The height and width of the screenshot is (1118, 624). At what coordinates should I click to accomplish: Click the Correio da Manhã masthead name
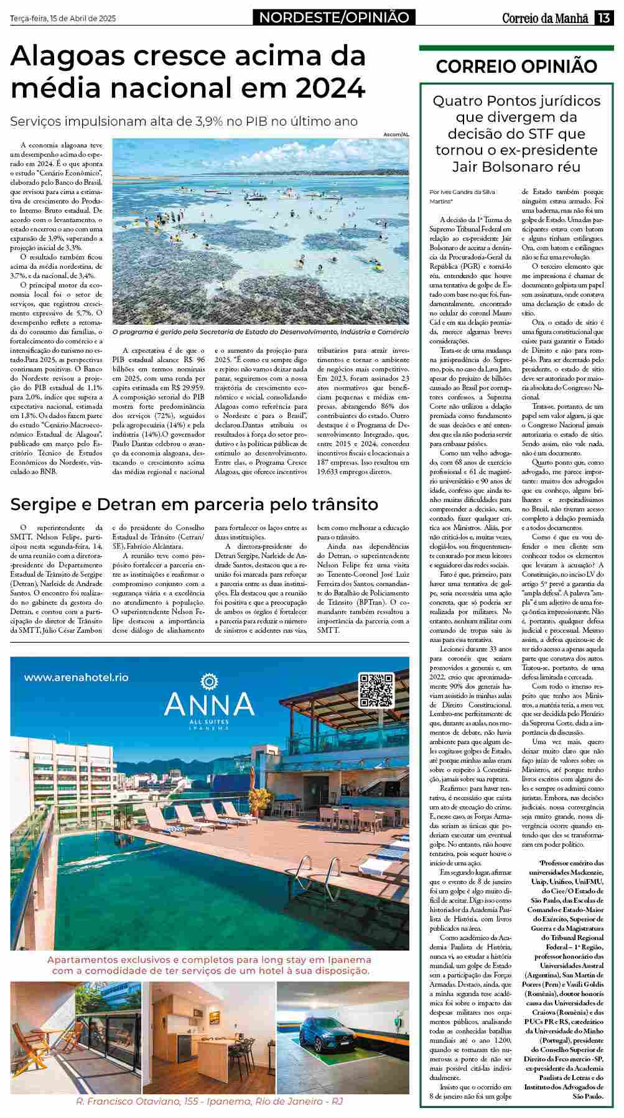coord(545,18)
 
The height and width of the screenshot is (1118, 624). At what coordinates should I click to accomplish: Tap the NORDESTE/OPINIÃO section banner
coord(334,18)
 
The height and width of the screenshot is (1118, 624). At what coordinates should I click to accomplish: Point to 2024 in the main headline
coord(330,88)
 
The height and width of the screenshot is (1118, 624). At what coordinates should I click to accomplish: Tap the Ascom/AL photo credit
coord(397,134)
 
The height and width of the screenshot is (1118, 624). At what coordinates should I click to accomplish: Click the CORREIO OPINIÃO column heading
coord(516,67)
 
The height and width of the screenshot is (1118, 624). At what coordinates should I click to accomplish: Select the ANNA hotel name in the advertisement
coord(209,704)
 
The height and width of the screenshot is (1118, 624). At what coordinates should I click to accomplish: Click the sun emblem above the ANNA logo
coord(209,680)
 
